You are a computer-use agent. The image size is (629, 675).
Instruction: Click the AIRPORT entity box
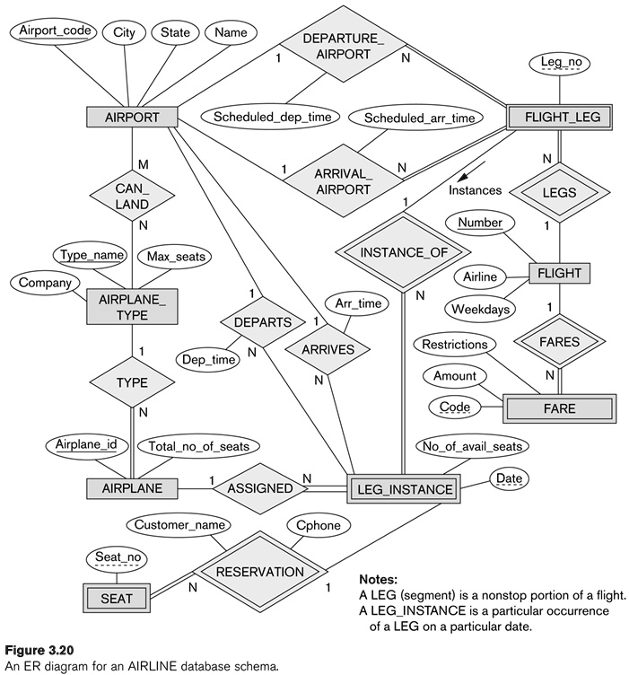click(132, 118)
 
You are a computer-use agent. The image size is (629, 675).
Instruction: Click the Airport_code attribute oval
click(53, 32)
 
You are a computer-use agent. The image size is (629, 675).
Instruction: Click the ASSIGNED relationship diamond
click(259, 489)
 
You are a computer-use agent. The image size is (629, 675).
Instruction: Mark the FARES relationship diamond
click(559, 342)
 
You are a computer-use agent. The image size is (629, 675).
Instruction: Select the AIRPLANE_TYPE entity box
click(131, 307)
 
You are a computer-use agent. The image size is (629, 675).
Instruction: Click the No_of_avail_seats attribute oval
click(473, 445)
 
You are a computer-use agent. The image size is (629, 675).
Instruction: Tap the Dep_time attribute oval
click(207, 359)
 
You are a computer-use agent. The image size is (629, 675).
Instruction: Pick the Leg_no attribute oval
click(562, 63)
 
